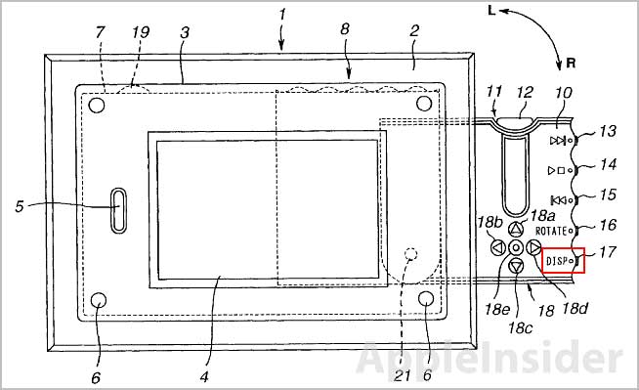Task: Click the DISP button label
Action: tap(557, 261)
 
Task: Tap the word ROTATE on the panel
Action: tap(551, 231)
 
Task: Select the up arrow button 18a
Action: tap(516, 229)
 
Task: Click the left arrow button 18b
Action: tap(497, 247)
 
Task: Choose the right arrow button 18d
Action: tap(533, 247)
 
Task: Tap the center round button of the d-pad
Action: tap(516, 247)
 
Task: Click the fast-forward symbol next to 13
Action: tap(558, 141)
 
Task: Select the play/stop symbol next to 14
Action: tap(556, 170)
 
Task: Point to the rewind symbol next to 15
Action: tap(558, 200)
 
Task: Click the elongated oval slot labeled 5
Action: tap(119, 210)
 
